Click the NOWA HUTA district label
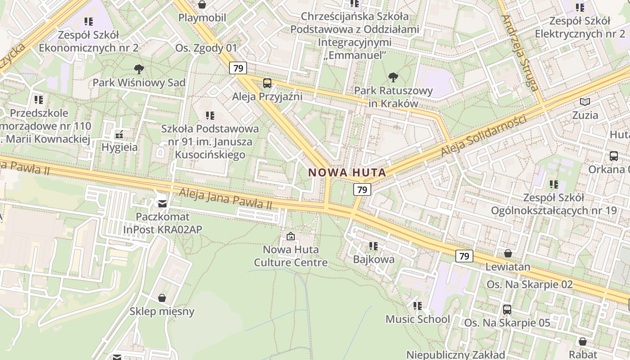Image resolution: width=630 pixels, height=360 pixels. click(x=347, y=172)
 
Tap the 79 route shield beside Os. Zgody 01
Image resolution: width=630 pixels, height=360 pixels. click(x=238, y=68)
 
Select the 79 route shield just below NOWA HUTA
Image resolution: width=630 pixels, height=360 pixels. click(x=362, y=190)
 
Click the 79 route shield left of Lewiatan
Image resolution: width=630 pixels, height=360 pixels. click(x=464, y=256)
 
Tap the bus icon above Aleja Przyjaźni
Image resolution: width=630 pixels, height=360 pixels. click(x=267, y=83)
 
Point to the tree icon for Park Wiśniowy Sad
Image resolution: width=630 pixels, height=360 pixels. click(x=139, y=69)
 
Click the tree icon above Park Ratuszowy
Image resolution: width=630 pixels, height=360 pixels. click(x=393, y=77)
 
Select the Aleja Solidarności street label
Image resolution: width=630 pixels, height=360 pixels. click(x=483, y=136)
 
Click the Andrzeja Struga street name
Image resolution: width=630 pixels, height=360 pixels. click(x=520, y=53)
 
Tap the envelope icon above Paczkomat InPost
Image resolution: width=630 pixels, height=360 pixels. click(x=162, y=204)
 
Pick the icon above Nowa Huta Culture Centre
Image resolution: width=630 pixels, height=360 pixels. click(x=291, y=236)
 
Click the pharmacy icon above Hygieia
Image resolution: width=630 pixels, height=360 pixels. click(x=119, y=134)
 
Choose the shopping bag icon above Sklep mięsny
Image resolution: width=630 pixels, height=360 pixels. click(x=162, y=298)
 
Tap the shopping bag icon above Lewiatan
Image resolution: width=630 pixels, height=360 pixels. click(x=508, y=253)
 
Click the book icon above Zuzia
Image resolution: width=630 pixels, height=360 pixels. click(x=585, y=102)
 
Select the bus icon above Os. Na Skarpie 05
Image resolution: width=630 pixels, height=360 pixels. click(x=507, y=310)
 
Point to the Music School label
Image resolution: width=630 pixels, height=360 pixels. click(x=418, y=319)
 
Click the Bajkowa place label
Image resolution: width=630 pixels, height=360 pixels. click(x=373, y=259)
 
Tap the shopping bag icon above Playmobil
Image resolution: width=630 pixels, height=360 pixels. click(x=202, y=4)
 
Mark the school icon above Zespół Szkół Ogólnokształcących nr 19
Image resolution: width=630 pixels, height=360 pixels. click(x=554, y=184)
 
